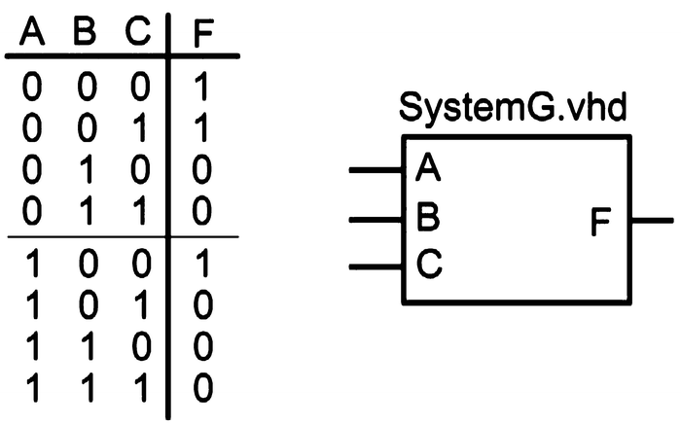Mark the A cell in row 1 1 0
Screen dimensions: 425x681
pyautogui.click(x=33, y=348)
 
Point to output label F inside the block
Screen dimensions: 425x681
pyautogui.click(x=603, y=222)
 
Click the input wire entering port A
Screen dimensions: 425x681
pyautogui.click(x=376, y=170)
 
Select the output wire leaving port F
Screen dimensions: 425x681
pyautogui.click(x=652, y=221)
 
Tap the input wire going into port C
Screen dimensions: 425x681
pyautogui.click(x=376, y=266)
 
